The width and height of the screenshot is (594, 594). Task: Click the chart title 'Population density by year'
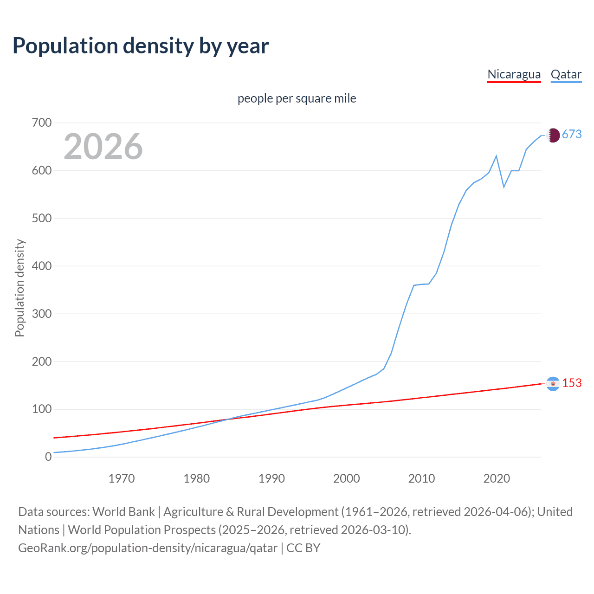141,46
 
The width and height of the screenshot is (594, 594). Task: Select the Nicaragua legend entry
514,75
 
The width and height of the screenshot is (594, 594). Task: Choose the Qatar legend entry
566,75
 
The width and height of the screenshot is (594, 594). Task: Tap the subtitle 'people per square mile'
297,99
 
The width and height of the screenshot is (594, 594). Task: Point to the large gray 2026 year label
103,147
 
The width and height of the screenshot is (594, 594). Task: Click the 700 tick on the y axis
42,123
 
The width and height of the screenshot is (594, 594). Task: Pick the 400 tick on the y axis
42,266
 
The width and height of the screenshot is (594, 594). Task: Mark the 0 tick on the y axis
48,457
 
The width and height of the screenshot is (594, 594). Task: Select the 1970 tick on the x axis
122,478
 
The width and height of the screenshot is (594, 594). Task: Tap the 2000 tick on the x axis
347,478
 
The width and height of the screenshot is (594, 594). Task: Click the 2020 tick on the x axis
497,478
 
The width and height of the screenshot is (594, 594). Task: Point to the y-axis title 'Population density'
19,288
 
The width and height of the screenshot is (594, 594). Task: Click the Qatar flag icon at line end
553,135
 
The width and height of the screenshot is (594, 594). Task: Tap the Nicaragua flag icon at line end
553,384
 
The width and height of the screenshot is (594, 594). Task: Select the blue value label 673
572,135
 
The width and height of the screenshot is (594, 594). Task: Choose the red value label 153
572,383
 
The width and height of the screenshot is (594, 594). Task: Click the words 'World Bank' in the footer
123,512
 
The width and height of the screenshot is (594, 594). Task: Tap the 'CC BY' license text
303,548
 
